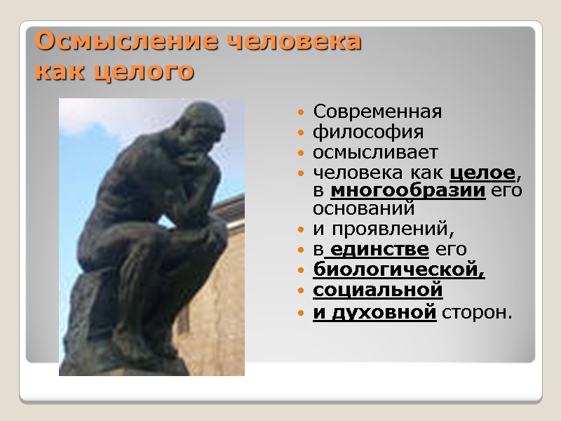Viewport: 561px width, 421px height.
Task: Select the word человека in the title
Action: coord(295,42)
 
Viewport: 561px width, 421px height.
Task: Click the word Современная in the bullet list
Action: coord(377,112)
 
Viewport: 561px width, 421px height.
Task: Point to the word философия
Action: coord(368,133)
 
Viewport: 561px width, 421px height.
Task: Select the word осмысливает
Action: coord(375,152)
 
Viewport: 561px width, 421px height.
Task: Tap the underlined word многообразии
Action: coord(407,191)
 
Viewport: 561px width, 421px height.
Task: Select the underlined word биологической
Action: coord(398,269)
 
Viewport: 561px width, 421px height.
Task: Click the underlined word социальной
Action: coord(377,289)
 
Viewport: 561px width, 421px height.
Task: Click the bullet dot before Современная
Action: coord(301,113)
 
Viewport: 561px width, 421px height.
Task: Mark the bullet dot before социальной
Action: coord(301,290)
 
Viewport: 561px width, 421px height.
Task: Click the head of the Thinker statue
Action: coord(203,130)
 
